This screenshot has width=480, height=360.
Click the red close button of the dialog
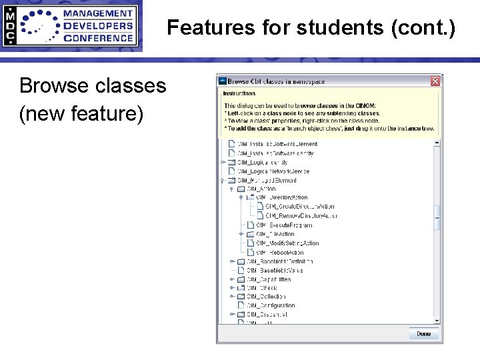tap(435, 81)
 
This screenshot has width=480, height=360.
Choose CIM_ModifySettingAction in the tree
tap(288, 243)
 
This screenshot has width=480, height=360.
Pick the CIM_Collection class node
tap(266, 297)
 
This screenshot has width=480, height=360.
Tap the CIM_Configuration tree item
tap(271, 305)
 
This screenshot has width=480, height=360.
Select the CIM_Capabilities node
tap(268, 279)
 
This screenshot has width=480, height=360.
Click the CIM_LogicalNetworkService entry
tap(273, 171)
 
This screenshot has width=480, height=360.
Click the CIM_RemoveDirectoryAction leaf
tap(301, 216)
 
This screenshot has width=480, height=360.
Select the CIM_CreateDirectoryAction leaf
tap(300, 207)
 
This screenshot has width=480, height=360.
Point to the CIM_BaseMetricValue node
tap(275, 271)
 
